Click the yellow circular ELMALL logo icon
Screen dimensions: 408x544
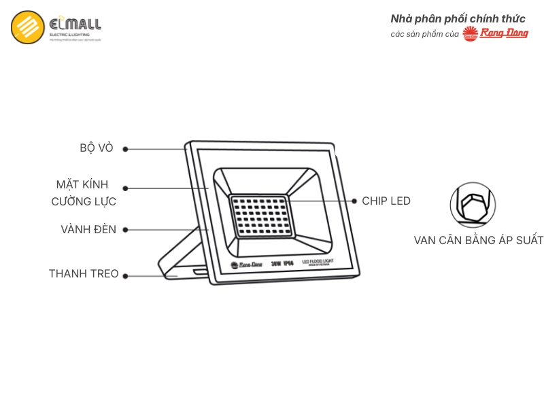pos(28,27)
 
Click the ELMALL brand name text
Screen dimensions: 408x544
pos(75,24)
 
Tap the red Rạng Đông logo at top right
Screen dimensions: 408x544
pos(495,33)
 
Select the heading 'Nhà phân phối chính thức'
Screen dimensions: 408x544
pos(458,18)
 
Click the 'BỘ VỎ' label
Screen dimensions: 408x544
pos(97,148)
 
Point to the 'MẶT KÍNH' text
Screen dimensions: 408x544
pos(82,185)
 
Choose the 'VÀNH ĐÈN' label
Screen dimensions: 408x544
pos(88,230)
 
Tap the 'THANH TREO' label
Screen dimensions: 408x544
pos(84,274)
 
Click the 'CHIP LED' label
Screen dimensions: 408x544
pos(386,201)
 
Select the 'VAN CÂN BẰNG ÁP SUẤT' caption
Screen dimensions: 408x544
pos(479,241)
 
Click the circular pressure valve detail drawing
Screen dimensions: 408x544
pos(473,205)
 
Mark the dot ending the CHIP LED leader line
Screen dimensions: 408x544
pos(354,201)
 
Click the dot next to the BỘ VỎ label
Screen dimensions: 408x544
pos(125,149)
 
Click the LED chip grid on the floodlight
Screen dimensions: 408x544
pos(259,216)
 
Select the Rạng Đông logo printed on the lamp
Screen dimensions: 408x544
pos(246,264)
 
